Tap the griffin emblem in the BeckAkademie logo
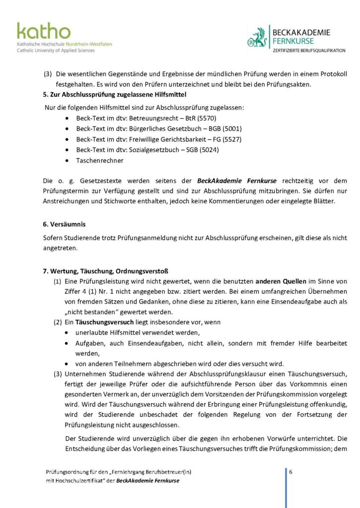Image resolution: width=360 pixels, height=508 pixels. [x=258, y=38]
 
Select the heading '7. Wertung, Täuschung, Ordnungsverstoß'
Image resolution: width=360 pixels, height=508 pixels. [x=106, y=271]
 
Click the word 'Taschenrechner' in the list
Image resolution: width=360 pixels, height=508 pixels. [x=100, y=161]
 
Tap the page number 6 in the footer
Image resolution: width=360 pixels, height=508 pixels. [x=290, y=472]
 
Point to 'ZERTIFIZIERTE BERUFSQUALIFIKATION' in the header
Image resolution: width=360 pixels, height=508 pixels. [x=309, y=51]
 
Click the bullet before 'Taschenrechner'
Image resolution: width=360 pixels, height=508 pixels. [x=67, y=161]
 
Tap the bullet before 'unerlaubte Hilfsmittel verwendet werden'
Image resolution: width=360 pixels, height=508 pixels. [x=67, y=332]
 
